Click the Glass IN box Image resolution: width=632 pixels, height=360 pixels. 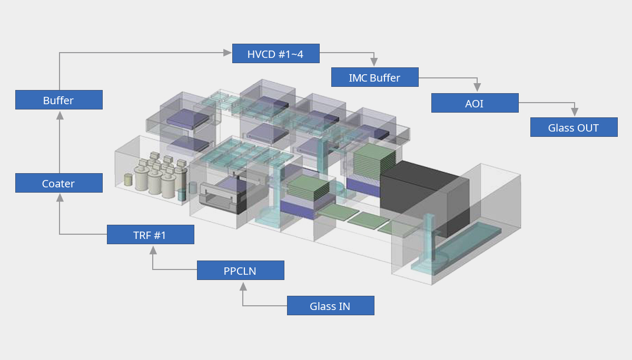(330, 306)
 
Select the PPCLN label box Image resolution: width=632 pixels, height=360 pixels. (240, 271)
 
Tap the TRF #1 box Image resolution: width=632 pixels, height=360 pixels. (150, 235)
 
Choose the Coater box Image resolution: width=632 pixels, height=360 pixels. (58, 183)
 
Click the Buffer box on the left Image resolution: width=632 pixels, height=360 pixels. (58, 100)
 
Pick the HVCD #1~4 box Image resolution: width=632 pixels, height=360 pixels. (275, 54)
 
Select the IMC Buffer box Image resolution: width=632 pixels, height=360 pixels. (374, 77)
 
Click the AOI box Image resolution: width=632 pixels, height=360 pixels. (475, 103)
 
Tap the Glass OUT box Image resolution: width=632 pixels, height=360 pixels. (574, 127)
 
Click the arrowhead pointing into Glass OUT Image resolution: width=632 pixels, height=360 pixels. (575, 113)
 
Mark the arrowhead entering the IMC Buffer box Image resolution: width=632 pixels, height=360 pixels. (374, 63)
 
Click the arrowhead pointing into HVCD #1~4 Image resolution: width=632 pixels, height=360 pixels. (228, 52)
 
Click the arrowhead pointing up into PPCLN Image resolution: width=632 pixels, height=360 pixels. (243, 286)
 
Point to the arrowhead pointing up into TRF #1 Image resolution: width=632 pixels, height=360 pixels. (153, 249)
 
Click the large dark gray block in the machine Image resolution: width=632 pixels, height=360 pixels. (421, 197)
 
